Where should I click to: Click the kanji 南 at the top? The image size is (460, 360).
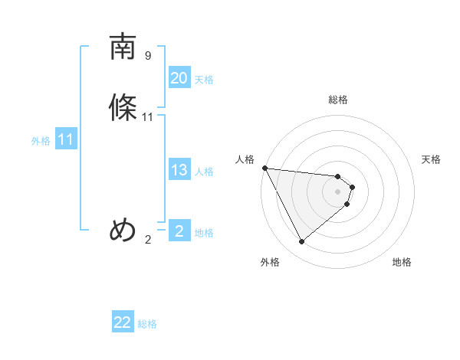(x=123, y=47)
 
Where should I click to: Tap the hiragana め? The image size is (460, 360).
(x=123, y=230)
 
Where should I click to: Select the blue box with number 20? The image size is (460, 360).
(x=179, y=78)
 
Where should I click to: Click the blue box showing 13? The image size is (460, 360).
(x=179, y=170)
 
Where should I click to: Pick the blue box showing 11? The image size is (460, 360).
(x=66, y=140)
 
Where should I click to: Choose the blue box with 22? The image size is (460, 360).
(x=123, y=322)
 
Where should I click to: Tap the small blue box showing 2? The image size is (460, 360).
(x=179, y=231)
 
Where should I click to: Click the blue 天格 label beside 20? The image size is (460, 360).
(x=204, y=80)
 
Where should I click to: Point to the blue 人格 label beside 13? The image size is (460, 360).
(x=204, y=172)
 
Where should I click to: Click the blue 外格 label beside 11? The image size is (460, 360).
(x=41, y=141)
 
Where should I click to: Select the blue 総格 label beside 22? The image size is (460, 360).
(x=147, y=324)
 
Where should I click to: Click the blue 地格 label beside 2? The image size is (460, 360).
(x=204, y=233)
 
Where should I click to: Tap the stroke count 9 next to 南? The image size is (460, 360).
(x=148, y=56)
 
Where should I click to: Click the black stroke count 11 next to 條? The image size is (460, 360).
(x=148, y=117)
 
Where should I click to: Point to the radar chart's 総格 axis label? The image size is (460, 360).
(x=338, y=100)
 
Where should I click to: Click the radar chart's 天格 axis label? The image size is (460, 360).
(x=431, y=159)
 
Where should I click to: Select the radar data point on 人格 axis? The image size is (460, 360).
(x=264, y=168)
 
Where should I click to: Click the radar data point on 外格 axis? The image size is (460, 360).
(x=301, y=242)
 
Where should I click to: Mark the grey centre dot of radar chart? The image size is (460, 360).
(x=338, y=191)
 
